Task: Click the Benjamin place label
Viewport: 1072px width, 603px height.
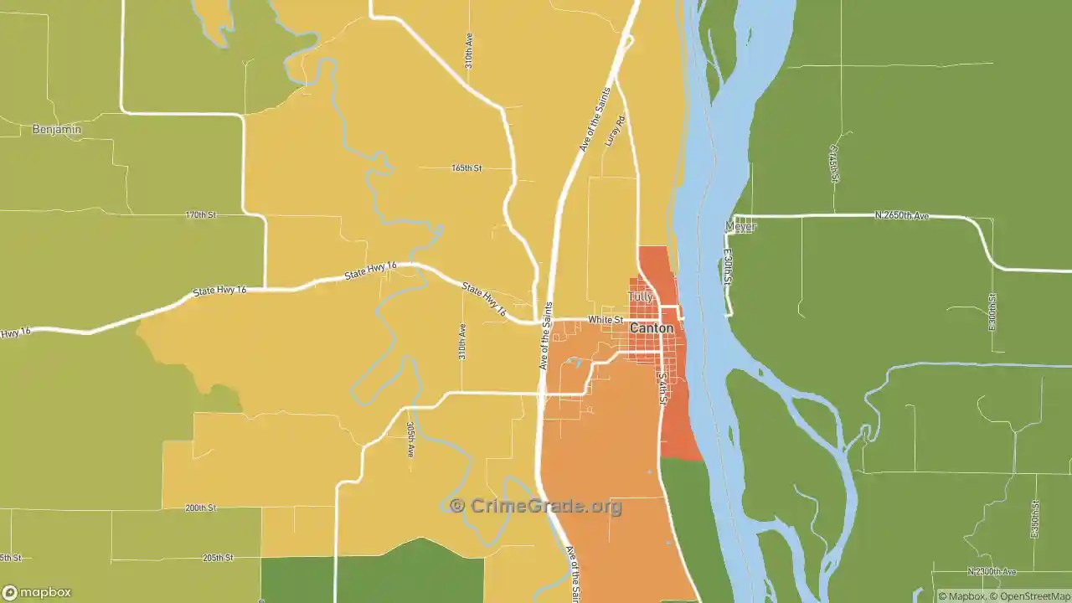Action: coord(57,129)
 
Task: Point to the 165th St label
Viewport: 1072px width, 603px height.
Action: coord(466,167)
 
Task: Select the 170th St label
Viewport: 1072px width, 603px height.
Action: coord(201,215)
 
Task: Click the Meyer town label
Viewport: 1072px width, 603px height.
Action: coord(740,227)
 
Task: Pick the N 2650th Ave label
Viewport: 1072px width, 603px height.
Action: coord(902,215)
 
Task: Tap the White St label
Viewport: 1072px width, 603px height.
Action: coord(606,320)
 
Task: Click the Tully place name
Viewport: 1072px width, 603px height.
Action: coord(640,297)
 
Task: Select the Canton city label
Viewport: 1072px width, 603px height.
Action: coord(651,328)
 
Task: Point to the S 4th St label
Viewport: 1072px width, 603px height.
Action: coord(662,389)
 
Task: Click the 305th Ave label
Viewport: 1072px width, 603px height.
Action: coord(411,439)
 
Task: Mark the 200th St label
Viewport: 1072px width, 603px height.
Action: coord(201,508)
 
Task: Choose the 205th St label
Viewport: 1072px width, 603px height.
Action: coord(218,558)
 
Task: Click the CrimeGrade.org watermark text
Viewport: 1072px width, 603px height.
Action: coord(536,506)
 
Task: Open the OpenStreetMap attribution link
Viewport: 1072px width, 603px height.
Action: coord(1029,597)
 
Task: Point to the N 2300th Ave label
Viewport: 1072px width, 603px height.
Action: coord(992,572)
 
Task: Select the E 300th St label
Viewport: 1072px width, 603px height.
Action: coord(992,311)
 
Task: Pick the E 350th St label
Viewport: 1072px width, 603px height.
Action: coord(1036,519)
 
